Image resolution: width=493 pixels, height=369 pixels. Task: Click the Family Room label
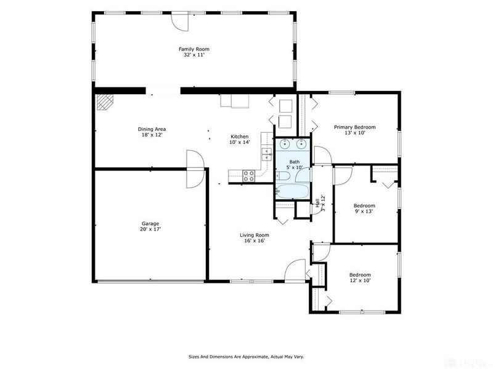pyautogui.click(x=194, y=49)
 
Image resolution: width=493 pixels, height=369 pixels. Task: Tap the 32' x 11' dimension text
pyautogui.click(x=194, y=55)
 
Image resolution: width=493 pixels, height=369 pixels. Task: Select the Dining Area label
pyautogui.click(x=152, y=129)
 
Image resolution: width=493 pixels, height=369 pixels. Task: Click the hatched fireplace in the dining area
pyautogui.click(x=105, y=103)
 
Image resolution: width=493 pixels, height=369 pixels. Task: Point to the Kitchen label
pyautogui.click(x=240, y=137)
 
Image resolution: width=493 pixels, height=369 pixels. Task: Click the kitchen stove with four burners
pyautogui.click(x=248, y=176)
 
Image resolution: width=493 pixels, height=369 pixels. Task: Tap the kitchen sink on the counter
pyautogui.click(x=267, y=154)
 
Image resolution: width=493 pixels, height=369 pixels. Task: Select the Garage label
pyautogui.click(x=150, y=224)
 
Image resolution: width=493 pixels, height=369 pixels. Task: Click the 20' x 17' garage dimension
pyautogui.click(x=150, y=229)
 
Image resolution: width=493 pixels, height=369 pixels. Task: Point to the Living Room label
pyautogui.click(x=255, y=235)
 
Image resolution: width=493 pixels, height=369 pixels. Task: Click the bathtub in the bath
pyautogui.click(x=292, y=191)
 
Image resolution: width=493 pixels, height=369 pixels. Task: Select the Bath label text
pyautogui.click(x=295, y=162)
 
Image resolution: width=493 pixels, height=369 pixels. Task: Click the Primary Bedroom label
pyautogui.click(x=355, y=127)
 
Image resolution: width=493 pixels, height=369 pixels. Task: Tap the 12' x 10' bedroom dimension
pyautogui.click(x=360, y=280)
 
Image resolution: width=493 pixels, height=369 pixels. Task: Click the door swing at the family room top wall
pyautogui.click(x=180, y=22)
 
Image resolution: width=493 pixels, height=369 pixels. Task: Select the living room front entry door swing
pyautogui.click(x=295, y=269)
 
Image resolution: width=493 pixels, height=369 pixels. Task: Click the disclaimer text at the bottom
pyautogui.click(x=246, y=357)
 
